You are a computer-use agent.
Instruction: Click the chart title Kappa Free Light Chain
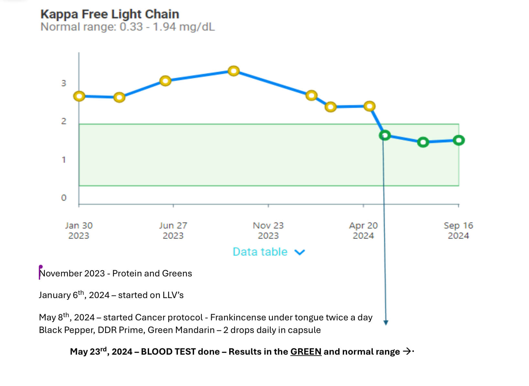click(x=110, y=14)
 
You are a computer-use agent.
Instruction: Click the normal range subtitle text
click(x=127, y=27)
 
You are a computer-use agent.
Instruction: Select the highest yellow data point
click(x=233, y=71)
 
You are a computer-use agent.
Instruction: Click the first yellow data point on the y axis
click(x=79, y=96)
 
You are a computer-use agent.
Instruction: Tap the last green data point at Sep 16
click(x=459, y=140)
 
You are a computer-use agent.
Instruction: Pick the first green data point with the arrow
click(x=384, y=135)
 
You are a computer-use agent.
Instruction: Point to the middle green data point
click(x=423, y=142)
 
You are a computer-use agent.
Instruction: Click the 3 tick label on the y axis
click(x=64, y=83)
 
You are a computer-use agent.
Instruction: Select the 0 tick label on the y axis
click(x=64, y=198)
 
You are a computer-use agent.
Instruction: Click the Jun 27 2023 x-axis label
click(x=173, y=230)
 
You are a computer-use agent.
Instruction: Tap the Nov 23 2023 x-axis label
click(x=268, y=230)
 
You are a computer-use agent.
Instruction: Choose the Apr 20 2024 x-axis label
click(x=363, y=230)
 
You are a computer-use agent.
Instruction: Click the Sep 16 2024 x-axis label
click(x=458, y=230)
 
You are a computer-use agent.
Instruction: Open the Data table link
click(x=260, y=252)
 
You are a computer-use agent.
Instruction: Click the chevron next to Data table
click(x=300, y=252)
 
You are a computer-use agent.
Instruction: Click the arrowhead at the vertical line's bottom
click(x=386, y=322)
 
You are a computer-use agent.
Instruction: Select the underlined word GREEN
click(x=306, y=352)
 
